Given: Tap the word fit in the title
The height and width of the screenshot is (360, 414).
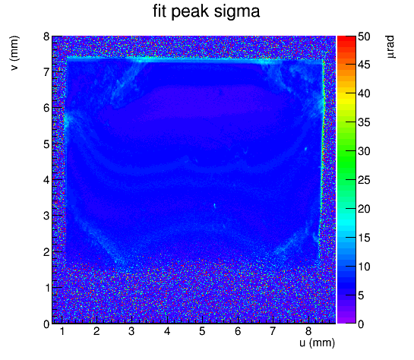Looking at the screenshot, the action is point(160,11).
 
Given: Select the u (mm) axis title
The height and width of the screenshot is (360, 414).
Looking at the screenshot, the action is point(317,343).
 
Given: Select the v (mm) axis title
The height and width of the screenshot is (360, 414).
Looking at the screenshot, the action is point(14,53).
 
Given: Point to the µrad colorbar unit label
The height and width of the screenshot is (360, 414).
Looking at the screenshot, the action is point(391,47).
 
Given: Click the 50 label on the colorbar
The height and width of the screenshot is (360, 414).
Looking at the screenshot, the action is point(364,36).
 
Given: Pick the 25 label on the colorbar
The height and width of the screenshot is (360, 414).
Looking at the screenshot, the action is point(364,181).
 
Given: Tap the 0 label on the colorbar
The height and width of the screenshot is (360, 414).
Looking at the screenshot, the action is point(361,324).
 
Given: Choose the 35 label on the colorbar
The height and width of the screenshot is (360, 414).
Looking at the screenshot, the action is point(364,123).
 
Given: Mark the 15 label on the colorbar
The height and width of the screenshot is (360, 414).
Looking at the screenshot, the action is point(364,238).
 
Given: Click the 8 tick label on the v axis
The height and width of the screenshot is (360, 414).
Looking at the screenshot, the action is point(46,36).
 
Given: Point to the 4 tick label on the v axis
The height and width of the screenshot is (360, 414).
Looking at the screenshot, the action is point(46,181).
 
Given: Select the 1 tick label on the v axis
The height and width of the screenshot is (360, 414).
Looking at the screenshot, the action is point(47,288).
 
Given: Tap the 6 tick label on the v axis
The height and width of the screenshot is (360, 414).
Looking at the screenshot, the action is point(46,108).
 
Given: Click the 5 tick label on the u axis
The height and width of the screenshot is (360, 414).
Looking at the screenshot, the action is point(202,331).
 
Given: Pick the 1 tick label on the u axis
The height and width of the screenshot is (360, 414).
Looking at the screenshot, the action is point(62,331).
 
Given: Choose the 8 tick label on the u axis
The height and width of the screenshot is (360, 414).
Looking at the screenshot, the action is point(308,331).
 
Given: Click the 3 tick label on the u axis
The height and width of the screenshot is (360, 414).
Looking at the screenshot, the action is point(131,331).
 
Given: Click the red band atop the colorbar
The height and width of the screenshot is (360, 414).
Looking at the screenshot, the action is point(346,39).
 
